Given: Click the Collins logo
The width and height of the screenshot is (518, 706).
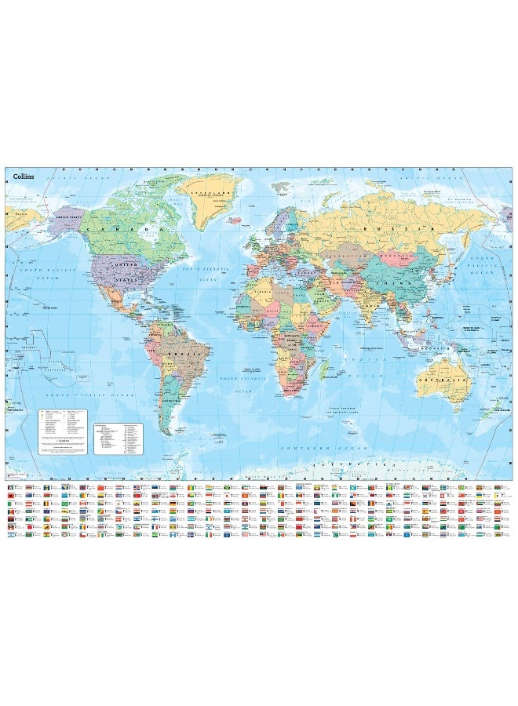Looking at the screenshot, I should (23, 176).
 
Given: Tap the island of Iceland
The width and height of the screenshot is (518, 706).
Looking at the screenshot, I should (235, 222).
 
